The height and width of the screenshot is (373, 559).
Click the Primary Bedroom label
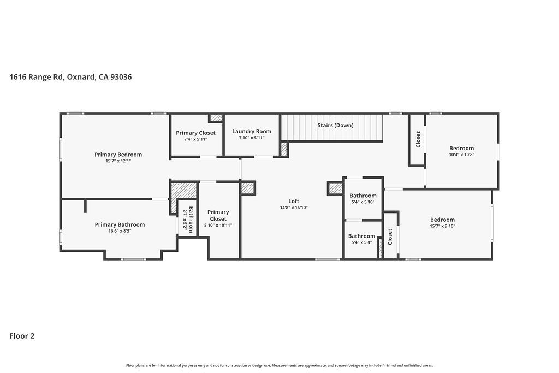[x=118, y=155]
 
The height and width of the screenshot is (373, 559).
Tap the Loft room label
[x=294, y=201]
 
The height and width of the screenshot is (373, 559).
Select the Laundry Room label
[x=252, y=131]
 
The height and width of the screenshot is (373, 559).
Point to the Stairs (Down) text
[x=336, y=125]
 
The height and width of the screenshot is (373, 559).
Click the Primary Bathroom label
[x=120, y=224]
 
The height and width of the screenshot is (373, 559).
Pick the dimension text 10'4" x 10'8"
[x=462, y=155]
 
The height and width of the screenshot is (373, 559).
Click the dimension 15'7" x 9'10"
[x=442, y=226]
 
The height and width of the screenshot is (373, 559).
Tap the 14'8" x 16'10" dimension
[x=294, y=208]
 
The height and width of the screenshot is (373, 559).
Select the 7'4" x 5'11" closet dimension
[x=196, y=139]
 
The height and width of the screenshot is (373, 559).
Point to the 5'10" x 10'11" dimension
[x=218, y=226]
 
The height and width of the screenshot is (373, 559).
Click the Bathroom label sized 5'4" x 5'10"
[x=363, y=196]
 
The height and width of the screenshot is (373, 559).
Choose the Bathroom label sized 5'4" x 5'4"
[x=362, y=236]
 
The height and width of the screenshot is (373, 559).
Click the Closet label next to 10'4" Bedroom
[x=418, y=139]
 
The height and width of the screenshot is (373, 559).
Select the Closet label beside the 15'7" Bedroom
[x=390, y=237]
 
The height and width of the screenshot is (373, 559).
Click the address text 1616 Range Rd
[x=37, y=77]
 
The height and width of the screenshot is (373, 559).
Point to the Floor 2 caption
[x=22, y=336]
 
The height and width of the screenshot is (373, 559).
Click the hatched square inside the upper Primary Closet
[x=216, y=117]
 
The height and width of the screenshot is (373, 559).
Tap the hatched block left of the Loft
[x=248, y=188]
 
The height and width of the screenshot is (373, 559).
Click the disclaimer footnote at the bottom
[x=279, y=365]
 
